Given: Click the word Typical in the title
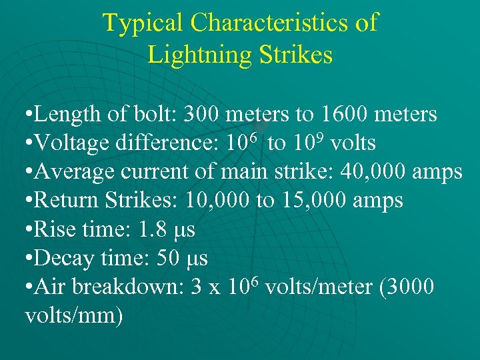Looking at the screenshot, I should pos(143,23).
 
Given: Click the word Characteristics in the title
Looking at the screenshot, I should pos(270,23).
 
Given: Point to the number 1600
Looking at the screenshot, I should pos(345,115).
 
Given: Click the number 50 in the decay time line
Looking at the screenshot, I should pos(166,258).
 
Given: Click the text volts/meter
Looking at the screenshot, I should pos(317,287).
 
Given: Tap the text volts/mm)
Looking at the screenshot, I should pos(73,315).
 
